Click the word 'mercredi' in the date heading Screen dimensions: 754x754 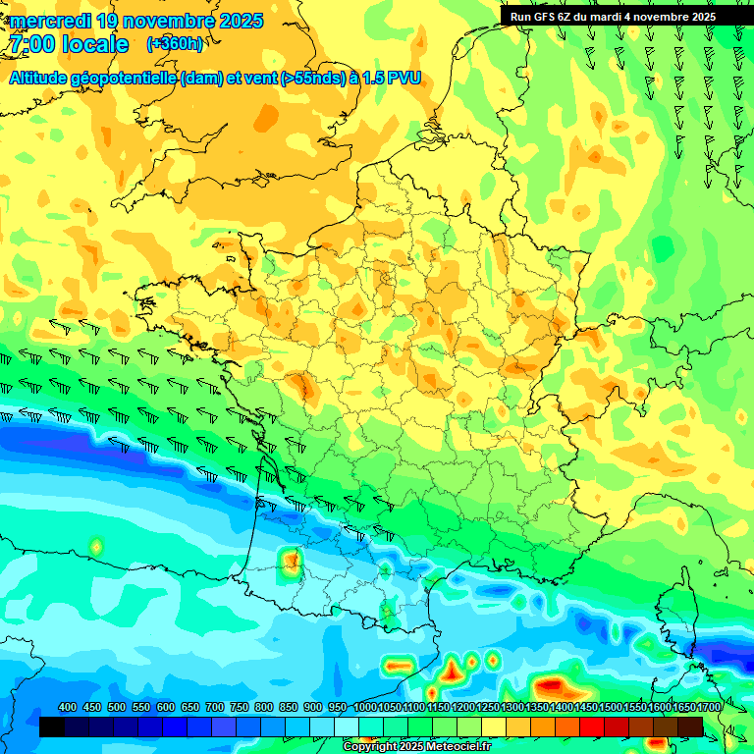coord(50,21)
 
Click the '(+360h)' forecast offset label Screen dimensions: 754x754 coord(175,44)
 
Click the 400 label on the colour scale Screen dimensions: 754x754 coord(68,708)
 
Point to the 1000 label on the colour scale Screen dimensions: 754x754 coord(365,708)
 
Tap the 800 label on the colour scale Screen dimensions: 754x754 coord(264,708)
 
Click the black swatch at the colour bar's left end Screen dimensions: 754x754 coord(52,727)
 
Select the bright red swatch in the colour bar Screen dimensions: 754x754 coord(592,727)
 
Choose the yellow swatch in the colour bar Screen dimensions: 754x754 coord(494,727)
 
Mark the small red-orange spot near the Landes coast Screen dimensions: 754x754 coord(291,561)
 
